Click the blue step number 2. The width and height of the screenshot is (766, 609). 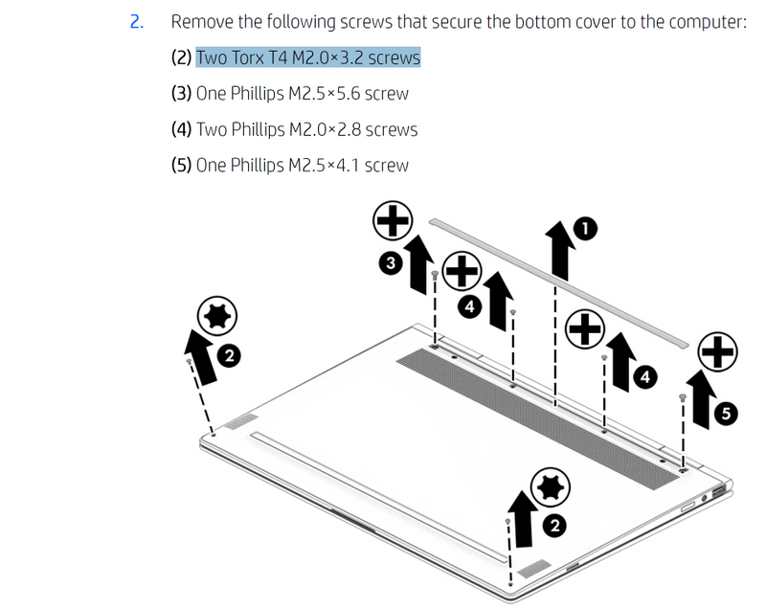coord(137,22)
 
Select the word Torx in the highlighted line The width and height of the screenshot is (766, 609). coord(247,57)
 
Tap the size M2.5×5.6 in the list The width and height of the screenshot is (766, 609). coord(324,93)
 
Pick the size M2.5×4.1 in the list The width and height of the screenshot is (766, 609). coord(324,165)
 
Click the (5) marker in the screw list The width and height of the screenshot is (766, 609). coord(181,165)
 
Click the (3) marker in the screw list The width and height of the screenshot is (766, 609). coord(181,93)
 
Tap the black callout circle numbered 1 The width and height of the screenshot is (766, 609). coord(585,229)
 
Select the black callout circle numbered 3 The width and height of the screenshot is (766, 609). coord(391,263)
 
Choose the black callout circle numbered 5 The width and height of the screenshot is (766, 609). coord(726,414)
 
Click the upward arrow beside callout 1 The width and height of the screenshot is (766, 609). coord(560,250)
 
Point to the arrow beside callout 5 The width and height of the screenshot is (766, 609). coord(701,399)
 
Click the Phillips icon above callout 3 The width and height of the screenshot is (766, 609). coord(393,220)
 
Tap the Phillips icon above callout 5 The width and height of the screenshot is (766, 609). coord(717,351)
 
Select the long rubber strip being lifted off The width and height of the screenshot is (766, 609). coord(559,283)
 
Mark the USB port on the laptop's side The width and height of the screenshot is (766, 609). coord(718,492)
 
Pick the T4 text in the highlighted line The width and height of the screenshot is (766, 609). coord(278,57)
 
